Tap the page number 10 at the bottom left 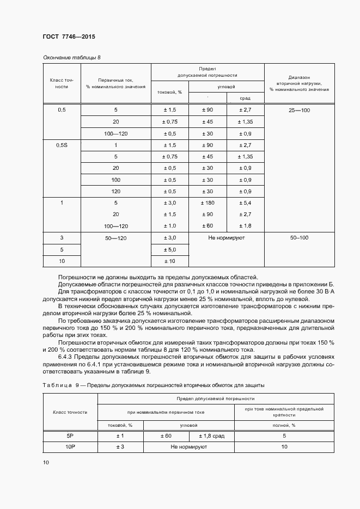[x=46, y=462]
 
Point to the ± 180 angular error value [x=207, y=203]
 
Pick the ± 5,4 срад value [x=245, y=203]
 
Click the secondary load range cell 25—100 [x=299, y=110]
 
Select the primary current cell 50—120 [x=115, y=238]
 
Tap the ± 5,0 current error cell [x=169, y=249]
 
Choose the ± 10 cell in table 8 [x=169, y=261]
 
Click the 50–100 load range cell [x=299, y=238]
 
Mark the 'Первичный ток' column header [x=115, y=83]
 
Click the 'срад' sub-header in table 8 [x=245, y=99]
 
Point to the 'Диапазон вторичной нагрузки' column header [x=299, y=83]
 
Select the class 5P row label [x=70, y=436]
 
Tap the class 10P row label [x=70, y=447]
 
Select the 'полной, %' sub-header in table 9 [x=284, y=425]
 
